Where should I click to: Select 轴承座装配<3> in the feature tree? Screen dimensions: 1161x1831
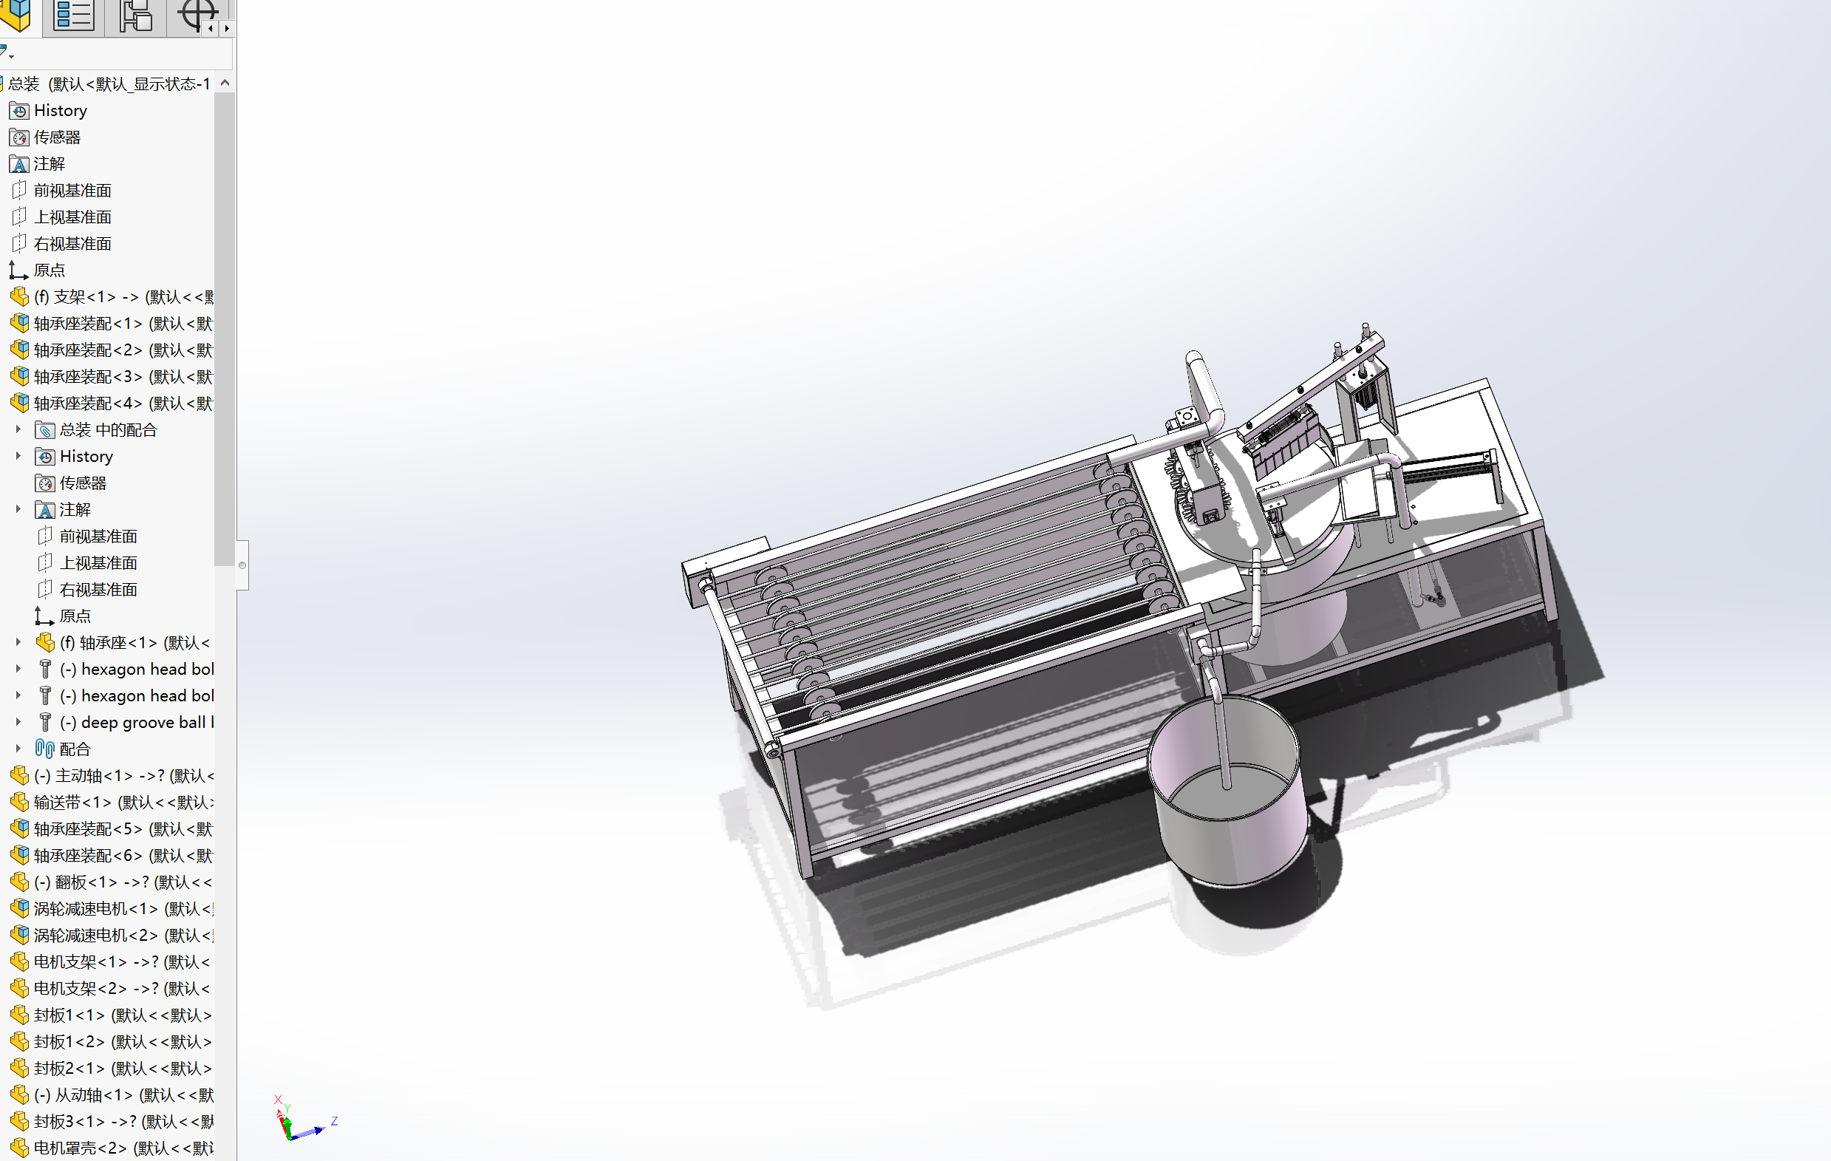(87, 377)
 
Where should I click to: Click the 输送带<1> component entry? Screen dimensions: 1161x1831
(72, 802)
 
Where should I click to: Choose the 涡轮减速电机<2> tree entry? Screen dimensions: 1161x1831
(95, 935)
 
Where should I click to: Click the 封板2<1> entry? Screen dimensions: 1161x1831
(69, 1068)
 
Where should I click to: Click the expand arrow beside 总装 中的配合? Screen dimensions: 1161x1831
(18, 429)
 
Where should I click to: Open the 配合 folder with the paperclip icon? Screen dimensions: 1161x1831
(74, 749)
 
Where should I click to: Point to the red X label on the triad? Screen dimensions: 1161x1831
(278, 1100)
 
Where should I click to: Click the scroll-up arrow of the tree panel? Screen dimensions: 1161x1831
(225, 83)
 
